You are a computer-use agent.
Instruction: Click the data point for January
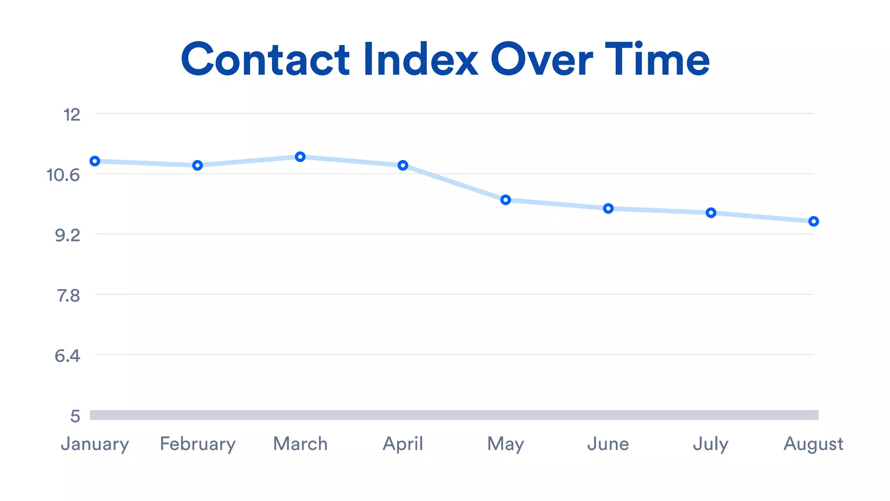click(95, 161)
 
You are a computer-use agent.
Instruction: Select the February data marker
click(198, 165)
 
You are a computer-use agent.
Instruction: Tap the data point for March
click(300, 157)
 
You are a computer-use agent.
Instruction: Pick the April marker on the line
click(403, 165)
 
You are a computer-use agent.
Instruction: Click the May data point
click(505, 200)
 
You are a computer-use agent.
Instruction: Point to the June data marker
click(608, 208)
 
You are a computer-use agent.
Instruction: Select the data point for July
click(711, 213)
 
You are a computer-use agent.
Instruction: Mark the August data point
click(814, 221)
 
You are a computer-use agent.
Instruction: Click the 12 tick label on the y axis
click(72, 115)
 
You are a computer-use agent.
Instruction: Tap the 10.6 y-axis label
click(63, 175)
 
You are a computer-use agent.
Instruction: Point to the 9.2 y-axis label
click(67, 235)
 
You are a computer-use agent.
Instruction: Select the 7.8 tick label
click(68, 296)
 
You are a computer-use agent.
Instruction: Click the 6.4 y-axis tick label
click(67, 356)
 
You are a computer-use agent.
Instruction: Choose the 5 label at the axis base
click(75, 416)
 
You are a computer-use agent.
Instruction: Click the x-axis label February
click(198, 444)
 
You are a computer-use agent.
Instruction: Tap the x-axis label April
click(403, 444)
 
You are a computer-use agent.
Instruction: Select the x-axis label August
click(814, 444)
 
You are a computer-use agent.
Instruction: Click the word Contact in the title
click(265, 60)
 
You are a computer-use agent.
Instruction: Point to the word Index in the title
click(421, 60)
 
